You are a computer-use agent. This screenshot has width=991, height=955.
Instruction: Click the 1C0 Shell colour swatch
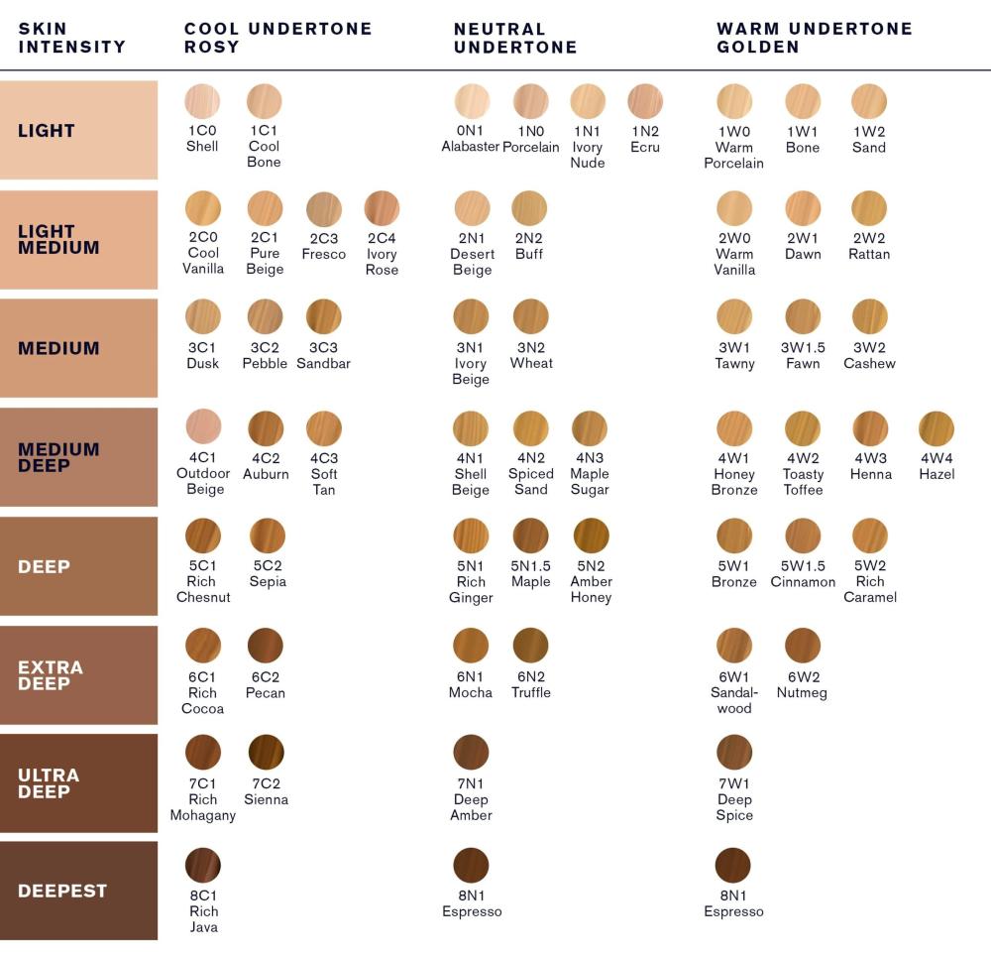[202, 101]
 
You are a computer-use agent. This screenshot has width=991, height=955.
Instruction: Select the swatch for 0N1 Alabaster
[472, 101]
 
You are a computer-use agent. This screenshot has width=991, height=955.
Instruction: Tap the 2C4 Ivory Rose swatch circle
[382, 208]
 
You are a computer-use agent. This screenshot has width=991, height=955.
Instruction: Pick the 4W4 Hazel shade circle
[936, 428]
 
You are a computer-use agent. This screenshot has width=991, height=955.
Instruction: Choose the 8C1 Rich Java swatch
[203, 866]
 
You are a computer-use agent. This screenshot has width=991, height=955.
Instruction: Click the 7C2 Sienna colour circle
[266, 752]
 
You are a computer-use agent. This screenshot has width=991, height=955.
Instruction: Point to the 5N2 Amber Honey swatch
[591, 536]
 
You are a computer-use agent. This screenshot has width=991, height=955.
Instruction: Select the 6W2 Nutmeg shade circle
[803, 646]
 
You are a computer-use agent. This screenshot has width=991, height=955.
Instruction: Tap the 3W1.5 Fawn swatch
[803, 317]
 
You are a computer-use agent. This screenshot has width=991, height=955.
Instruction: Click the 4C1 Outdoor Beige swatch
[203, 426]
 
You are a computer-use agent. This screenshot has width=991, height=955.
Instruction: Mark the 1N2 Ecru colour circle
[645, 101]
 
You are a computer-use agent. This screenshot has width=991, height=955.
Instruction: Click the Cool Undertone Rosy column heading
[277, 38]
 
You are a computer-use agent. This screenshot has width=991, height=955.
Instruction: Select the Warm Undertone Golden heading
[815, 38]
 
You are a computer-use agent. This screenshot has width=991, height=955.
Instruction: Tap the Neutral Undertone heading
[515, 38]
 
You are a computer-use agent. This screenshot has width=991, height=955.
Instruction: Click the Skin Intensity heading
[71, 38]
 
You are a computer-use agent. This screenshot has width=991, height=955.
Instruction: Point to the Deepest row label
[62, 891]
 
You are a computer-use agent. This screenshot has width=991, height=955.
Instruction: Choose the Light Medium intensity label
[58, 239]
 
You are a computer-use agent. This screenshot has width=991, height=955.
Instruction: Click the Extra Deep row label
[51, 675]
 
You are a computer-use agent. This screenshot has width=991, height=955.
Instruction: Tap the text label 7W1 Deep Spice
[734, 799]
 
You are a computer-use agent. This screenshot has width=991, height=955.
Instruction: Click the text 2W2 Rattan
[869, 246]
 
